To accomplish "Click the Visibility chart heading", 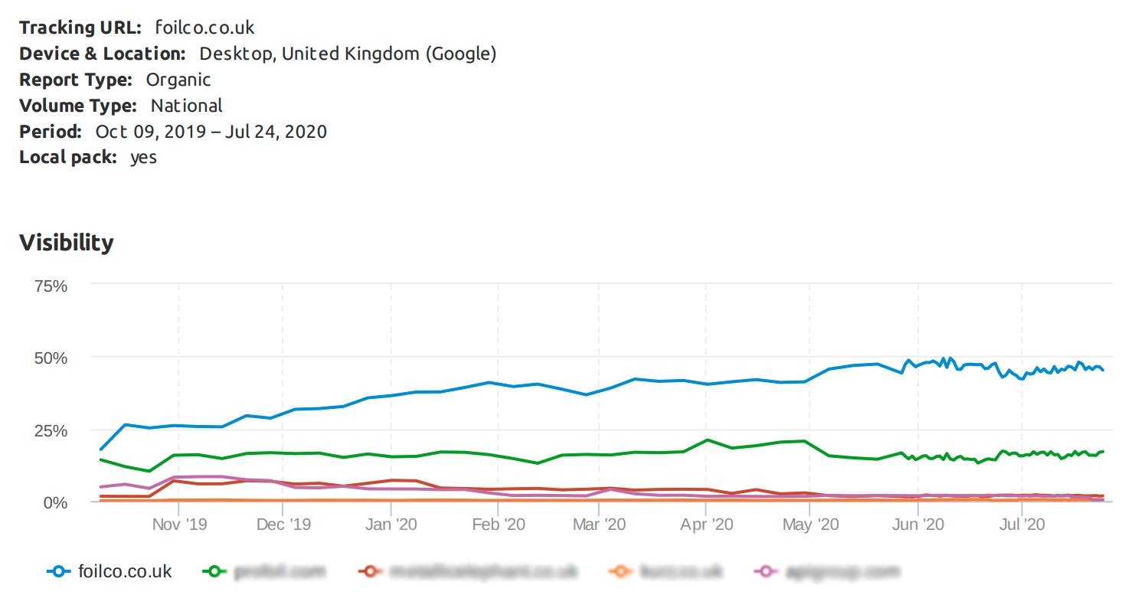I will tap(67, 243).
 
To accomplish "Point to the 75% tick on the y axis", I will tap(51, 286).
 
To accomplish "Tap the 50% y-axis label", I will tap(51, 358).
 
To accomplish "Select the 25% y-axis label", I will tap(51, 430).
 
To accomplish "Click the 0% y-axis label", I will tap(55, 502).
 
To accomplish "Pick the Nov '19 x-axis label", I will tap(179, 525).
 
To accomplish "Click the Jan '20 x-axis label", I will tap(391, 525).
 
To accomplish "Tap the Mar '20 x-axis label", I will tap(600, 525).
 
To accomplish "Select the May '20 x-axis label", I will tap(810, 525).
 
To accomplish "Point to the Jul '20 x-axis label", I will tap(1022, 525).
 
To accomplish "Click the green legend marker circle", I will tap(215, 571).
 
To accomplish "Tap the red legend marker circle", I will tap(371, 571).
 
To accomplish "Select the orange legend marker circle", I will tap(620, 571).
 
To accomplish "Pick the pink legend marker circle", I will tap(766, 571).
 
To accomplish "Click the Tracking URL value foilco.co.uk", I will tap(204, 28).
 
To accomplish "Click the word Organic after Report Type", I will tap(178, 80).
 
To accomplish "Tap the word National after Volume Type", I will tap(186, 106).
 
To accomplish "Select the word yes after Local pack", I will tap(143, 158).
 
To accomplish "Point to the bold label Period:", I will tap(51, 132).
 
